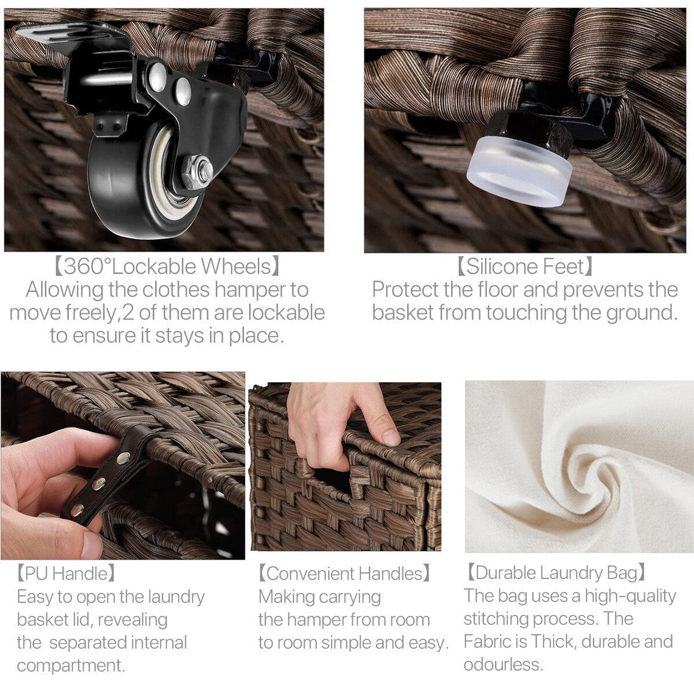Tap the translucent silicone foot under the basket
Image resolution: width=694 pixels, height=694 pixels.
(x=519, y=169)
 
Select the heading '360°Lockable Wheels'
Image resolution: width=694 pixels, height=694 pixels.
(x=167, y=267)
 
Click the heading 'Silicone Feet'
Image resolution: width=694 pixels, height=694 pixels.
(x=525, y=267)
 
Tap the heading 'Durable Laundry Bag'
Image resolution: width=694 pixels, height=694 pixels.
(x=555, y=573)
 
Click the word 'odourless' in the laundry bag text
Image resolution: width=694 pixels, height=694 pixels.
(x=503, y=665)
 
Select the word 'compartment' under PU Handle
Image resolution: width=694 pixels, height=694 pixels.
(x=71, y=666)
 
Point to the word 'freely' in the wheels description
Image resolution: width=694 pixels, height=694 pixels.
(x=92, y=313)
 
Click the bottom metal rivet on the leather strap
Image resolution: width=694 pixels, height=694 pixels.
(x=76, y=510)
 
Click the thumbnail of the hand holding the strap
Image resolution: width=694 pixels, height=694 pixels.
(x=123, y=466)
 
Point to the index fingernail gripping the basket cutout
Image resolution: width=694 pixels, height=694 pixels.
(x=390, y=437)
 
